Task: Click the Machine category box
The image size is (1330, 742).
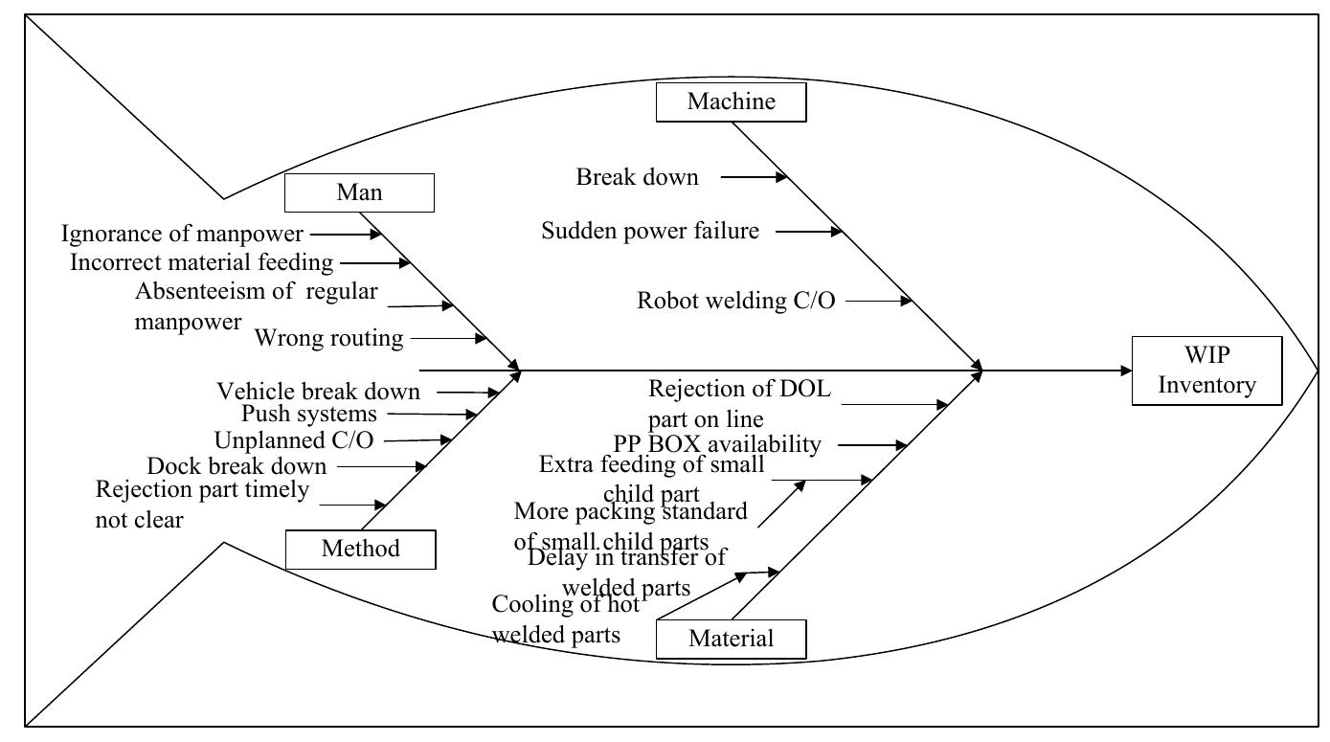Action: pyautogui.click(x=731, y=101)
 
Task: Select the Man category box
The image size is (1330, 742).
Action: pyautogui.click(x=359, y=192)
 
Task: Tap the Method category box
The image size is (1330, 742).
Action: pyautogui.click(x=360, y=549)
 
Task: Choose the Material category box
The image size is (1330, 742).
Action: pyautogui.click(x=731, y=639)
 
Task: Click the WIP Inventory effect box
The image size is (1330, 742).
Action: pyautogui.click(x=1206, y=371)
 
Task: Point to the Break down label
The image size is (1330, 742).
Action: pyautogui.click(x=637, y=177)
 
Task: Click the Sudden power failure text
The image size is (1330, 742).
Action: pyautogui.click(x=650, y=231)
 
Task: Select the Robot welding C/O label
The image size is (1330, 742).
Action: pyautogui.click(x=735, y=301)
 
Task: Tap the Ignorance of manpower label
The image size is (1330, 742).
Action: pyautogui.click(x=182, y=234)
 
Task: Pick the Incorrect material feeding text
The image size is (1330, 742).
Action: pyautogui.click(x=201, y=261)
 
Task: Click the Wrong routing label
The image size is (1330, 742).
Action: pyautogui.click(x=328, y=338)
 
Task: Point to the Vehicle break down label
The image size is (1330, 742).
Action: pyautogui.click(x=318, y=392)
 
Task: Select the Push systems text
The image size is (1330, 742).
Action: pyautogui.click(x=308, y=415)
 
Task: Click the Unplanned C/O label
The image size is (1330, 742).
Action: pyautogui.click(x=293, y=440)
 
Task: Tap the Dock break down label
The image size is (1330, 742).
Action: pyautogui.click(x=236, y=466)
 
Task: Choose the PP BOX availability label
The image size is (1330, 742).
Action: pyautogui.click(x=716, y=444)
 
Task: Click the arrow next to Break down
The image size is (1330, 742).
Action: pyautogui.click(x=754, y=177)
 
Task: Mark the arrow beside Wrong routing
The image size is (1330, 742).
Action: pyautogui.click(x=448, y=338)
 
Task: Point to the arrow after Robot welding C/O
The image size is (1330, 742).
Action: pyautogui.click(x=879, y=301)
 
